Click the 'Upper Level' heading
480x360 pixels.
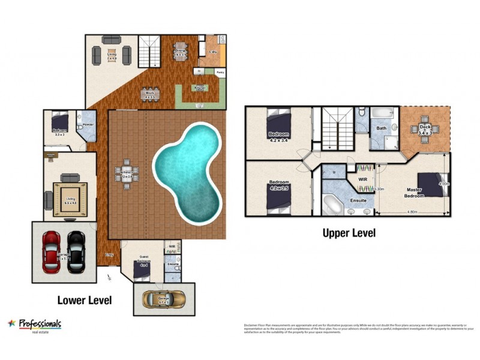pos(349,233)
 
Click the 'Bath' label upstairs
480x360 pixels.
pos(382,128)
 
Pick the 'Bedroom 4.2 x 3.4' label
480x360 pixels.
pos(278,136)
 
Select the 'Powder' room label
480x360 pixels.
pos(88,124)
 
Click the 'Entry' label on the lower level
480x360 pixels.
pos(110,255)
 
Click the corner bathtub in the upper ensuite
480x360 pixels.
pos(332,204)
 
